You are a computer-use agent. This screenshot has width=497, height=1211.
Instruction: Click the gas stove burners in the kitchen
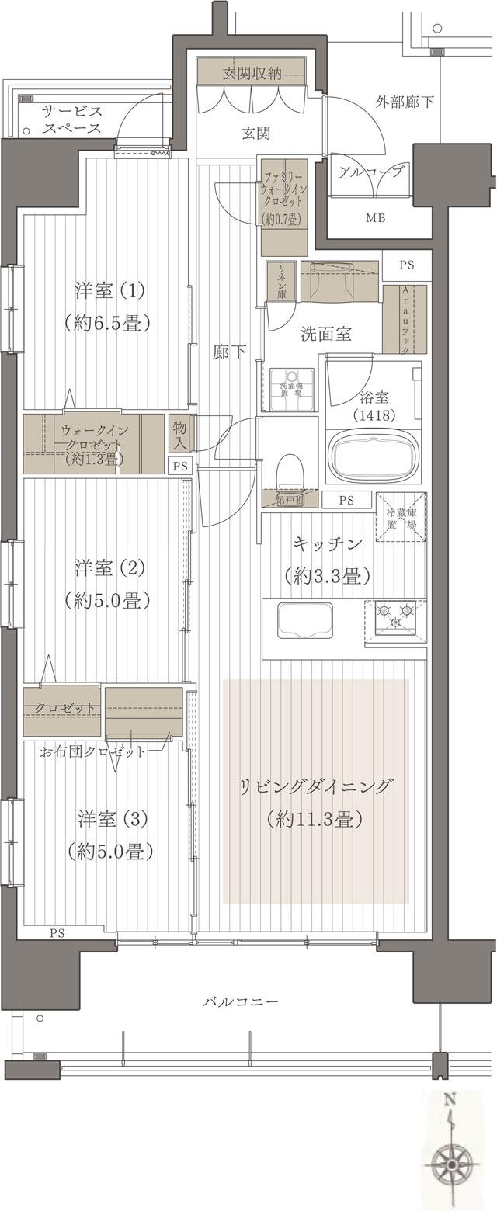point(395,618)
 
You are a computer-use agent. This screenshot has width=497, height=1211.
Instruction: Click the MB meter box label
point(375,217)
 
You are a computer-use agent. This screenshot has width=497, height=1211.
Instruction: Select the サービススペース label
point(71,119)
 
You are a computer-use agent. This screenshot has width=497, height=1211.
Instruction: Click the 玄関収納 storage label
point(252,74)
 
